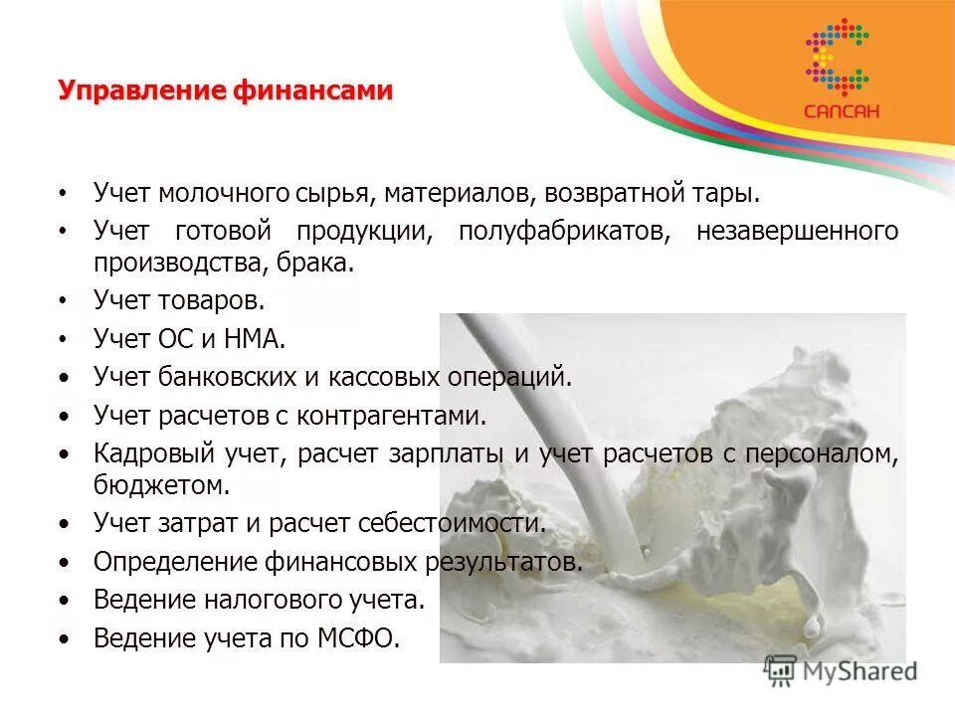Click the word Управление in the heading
(x=141, y=91)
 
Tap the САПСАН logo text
(x=842, y=111)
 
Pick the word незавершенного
(x=798, y=232)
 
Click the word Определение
(x=175, y=562)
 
